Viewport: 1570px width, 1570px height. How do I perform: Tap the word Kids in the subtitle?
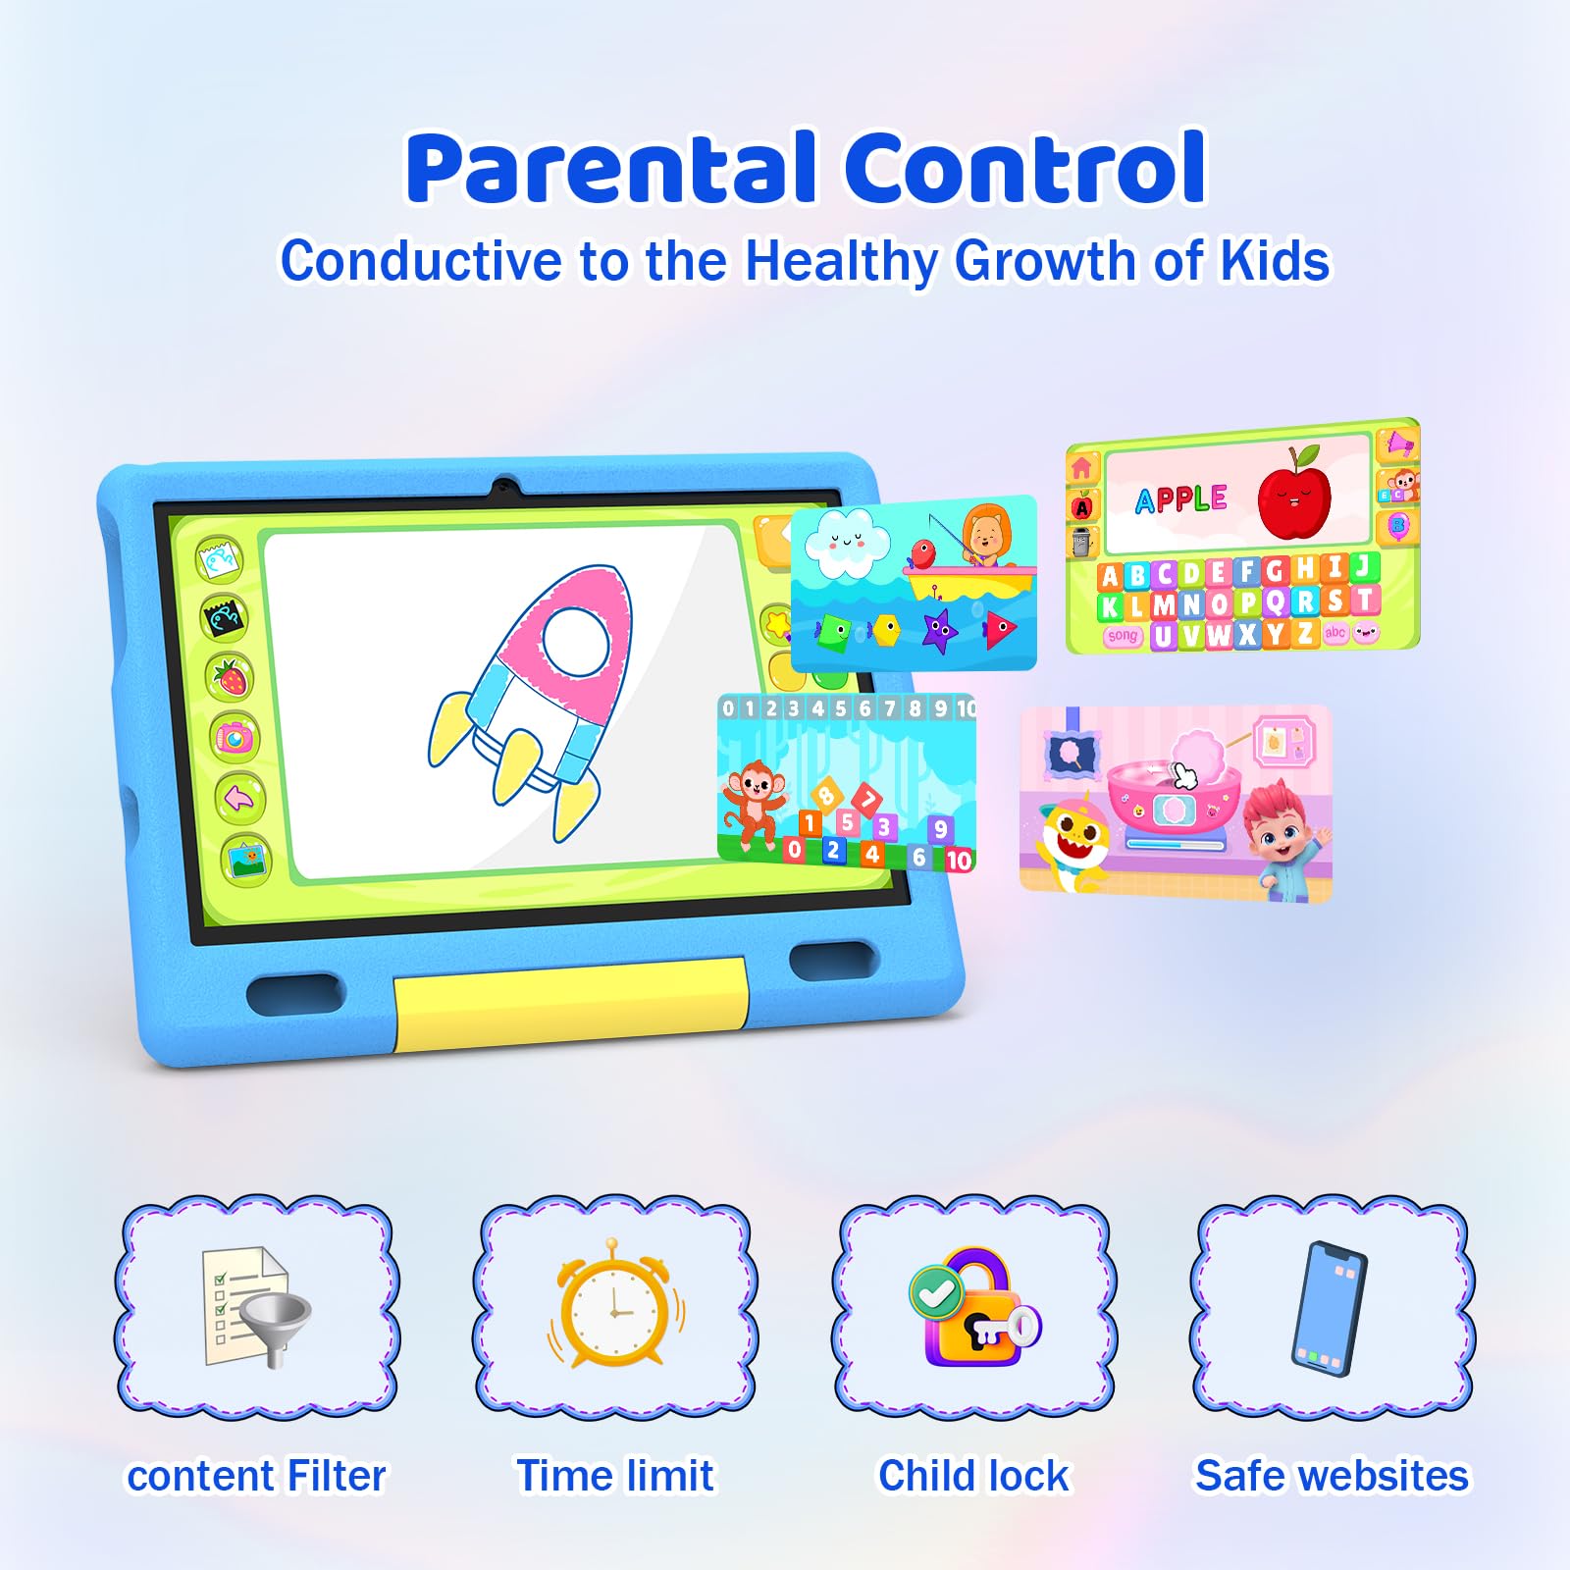[1274, 261]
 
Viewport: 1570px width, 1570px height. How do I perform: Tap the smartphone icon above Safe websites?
[1329, 1309]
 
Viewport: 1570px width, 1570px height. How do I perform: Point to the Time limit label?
[615, 1476]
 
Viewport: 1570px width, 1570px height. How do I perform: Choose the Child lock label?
[973, 1476]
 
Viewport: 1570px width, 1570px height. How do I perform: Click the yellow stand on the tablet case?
[571, 1003]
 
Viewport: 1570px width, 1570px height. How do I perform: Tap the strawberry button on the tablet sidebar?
[231, 677]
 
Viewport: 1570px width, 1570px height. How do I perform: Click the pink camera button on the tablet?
[235, 737]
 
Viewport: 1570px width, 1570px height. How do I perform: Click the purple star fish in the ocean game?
[940, 629]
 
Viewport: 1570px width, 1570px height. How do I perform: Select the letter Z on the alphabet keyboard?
[1304, 633]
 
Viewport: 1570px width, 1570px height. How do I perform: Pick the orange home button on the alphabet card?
[1082, 467]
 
